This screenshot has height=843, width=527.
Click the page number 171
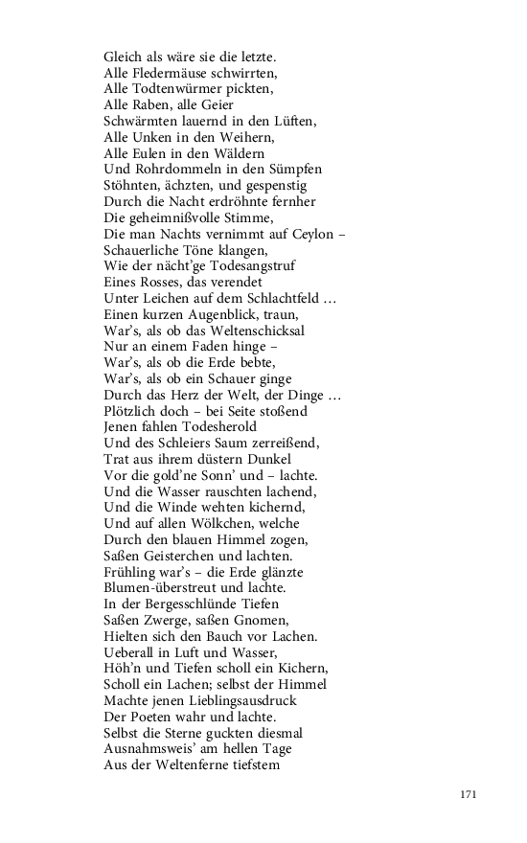pyautogui.click(x=468, y=794)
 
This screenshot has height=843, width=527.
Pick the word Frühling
pyautogui.click(x=130, y=573)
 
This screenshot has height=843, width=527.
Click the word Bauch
pyautogui.click(x=217, y=637)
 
